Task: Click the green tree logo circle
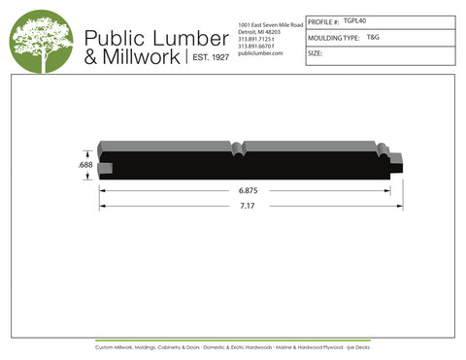point(42,45)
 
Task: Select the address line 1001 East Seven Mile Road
point(270,22)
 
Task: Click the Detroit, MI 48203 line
point(259,30)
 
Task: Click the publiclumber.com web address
point(259,53)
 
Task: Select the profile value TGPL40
point(356,20)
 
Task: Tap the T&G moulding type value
point(374,37)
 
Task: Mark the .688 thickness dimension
point(85,166)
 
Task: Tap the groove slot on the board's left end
point(105,168)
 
